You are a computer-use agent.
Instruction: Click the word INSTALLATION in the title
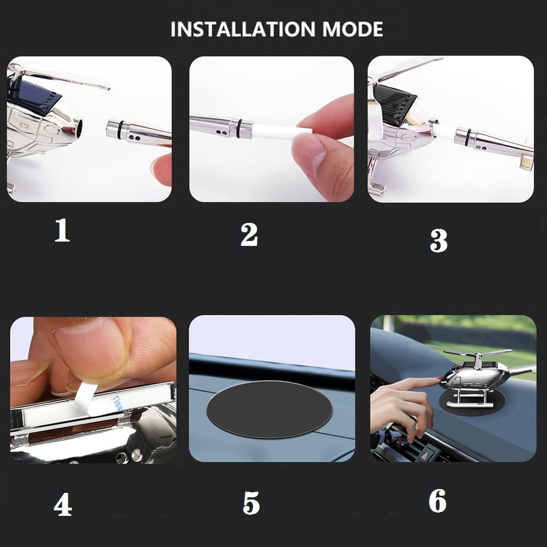point(242,30)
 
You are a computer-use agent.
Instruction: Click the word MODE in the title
point(352,30)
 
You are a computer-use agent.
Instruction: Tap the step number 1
point(62,230)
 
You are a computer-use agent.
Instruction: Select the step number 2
point(249,235)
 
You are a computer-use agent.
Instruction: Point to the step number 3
point(438,240)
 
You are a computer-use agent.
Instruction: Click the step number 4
point(63,504)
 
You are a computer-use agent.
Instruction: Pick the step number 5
point(251,503)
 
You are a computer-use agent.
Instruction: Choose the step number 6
point(438,501)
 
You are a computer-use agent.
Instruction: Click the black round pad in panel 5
point(269,409)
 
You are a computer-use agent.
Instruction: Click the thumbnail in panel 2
point(309,154)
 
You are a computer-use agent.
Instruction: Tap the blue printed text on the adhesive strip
point(117,402)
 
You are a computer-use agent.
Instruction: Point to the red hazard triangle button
point(427,455)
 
